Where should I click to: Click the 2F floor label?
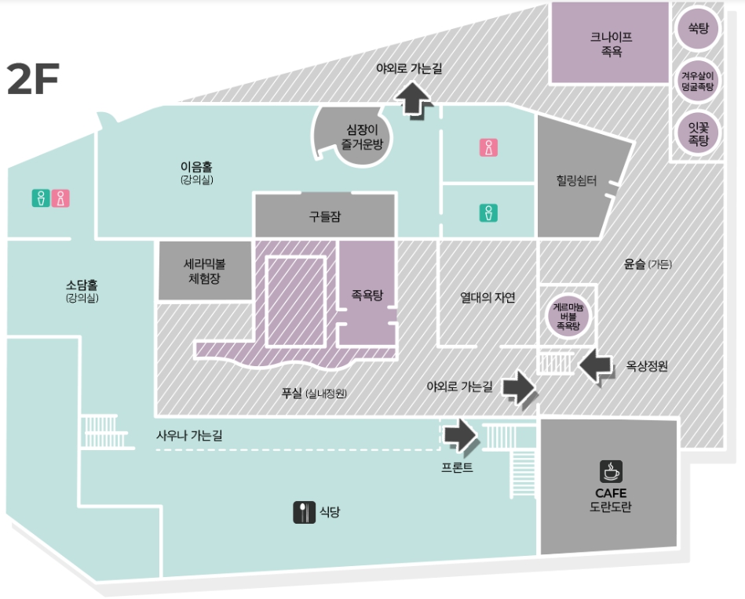tap(33, 78)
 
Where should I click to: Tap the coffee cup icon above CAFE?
tap(611, 471)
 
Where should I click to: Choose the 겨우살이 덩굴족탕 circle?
tap(698, 81)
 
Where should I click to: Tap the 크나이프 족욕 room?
tap(611, 42)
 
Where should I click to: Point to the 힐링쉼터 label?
tap(575, 182)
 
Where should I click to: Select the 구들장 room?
tap(324, 216)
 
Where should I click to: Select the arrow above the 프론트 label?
tap(459, 435)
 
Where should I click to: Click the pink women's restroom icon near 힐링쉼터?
tap(488, 147)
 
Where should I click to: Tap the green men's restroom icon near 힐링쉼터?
tap(488, 212)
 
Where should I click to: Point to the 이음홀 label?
tap(196, 167)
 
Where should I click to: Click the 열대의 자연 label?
tap(488, 297)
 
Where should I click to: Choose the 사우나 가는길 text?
tap(188, 435)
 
